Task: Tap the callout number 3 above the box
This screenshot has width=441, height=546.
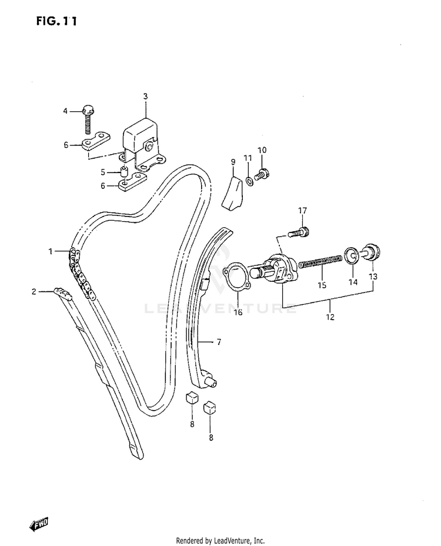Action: [x=145, y=96]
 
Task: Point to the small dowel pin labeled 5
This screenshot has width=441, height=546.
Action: [x=124, y=173]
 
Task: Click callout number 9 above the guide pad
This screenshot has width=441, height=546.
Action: [x=233, y=161]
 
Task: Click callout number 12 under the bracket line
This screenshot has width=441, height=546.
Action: [x=330, y=317]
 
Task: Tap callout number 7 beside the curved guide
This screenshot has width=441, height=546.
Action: [x=219, y=341]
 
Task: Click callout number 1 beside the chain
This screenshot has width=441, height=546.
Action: [x=51, y=252]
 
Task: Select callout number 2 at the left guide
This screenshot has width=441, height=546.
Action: [x=34, y=291]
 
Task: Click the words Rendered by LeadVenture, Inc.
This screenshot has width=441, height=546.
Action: [x=220, y=540]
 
